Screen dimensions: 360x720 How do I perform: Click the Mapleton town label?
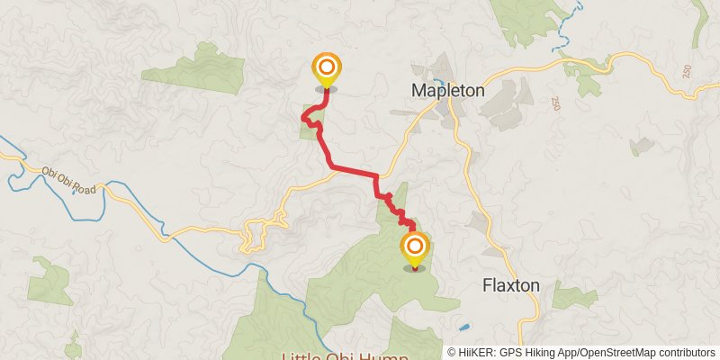pos(447,91)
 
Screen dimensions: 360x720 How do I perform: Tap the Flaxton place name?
pos(510,285)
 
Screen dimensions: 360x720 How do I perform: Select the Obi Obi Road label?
pos(67,174)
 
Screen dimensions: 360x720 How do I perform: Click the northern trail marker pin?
pos(326,70)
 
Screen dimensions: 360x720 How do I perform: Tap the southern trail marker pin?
pos(415,249)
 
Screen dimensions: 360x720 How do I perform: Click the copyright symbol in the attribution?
pos(452,353)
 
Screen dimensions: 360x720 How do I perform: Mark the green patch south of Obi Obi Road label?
pos(49,280)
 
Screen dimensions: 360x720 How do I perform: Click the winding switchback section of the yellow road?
pos(256,234)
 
